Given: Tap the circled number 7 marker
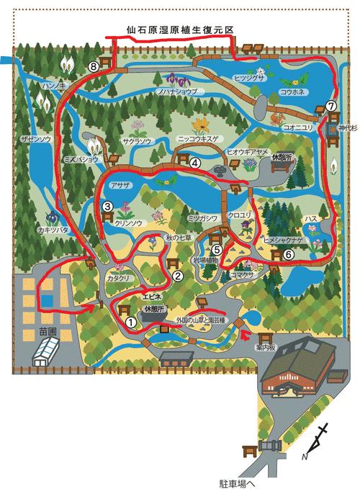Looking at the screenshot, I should [x=331, y=106].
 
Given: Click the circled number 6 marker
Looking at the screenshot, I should [x=289, y=253].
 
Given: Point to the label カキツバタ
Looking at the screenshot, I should [x=53, y=230].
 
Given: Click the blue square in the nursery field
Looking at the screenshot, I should [x=47, y=299].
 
